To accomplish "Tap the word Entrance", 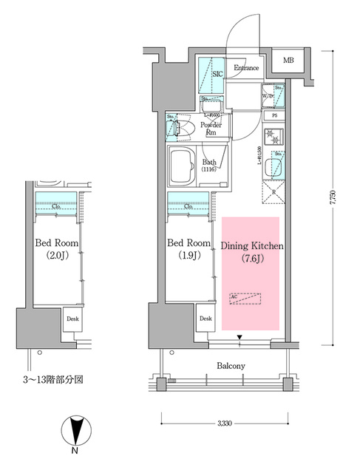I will tap(246, 69).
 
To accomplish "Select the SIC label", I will tap(217, 74).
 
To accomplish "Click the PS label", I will tap(274, 116).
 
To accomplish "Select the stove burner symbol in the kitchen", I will tap(271, 137).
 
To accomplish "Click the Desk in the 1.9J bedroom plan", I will tap(205, 319).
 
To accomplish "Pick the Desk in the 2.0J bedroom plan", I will tap(72, 319).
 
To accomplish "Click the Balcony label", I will tap(231, 366).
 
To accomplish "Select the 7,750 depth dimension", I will tap(337, 200).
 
